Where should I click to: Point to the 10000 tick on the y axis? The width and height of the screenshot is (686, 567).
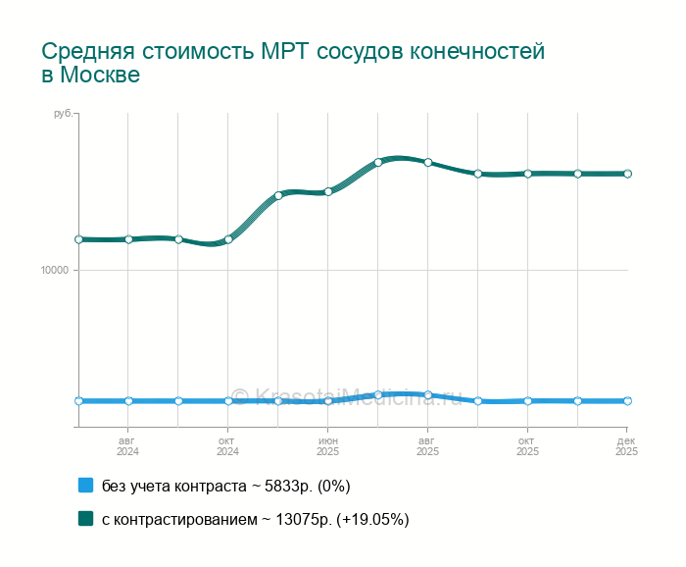tap(61, 271)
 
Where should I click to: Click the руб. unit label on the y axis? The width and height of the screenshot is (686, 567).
tap(63, 115)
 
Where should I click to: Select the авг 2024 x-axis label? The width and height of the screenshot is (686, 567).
tap(127, 446)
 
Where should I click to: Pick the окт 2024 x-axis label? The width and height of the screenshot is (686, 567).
tap(227, 446)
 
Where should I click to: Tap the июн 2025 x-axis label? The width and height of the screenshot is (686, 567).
tap(327, 446)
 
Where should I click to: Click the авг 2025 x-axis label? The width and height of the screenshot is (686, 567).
tap(427, 446)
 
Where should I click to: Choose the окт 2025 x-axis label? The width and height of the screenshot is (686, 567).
tap(527, 446)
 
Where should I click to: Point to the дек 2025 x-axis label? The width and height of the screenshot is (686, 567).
tap(626, 446)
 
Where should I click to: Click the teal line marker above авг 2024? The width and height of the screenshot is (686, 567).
tap(128, 239)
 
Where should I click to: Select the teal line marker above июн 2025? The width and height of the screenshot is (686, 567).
tap(328, 191)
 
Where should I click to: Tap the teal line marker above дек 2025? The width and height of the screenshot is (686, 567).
tap(627, 174)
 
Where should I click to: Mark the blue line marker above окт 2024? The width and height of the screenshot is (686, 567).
tap(228, 401)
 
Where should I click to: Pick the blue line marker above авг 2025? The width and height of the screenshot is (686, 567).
tap(428, 394)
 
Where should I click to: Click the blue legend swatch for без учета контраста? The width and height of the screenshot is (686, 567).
tap(85, 486)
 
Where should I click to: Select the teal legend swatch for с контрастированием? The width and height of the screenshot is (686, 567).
tap(85, 519)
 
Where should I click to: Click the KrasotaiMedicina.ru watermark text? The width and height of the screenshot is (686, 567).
tap(354, 396)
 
